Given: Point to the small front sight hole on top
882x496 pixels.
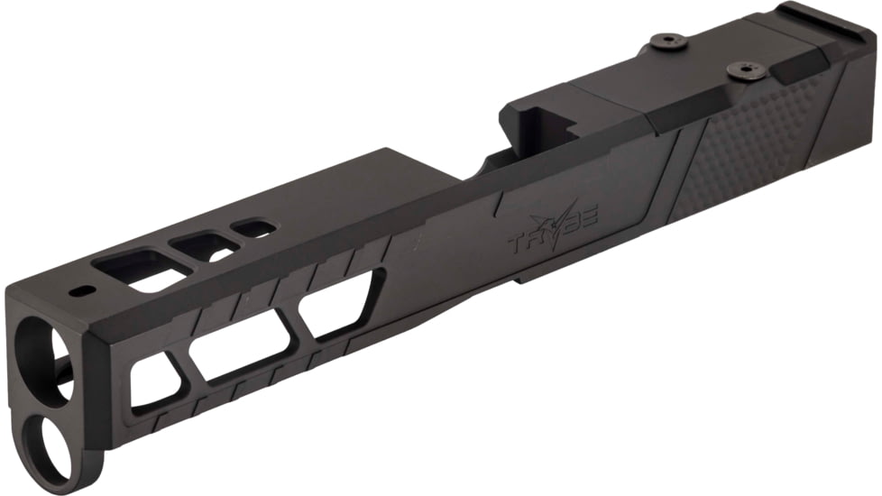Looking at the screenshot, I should (82, 291).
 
